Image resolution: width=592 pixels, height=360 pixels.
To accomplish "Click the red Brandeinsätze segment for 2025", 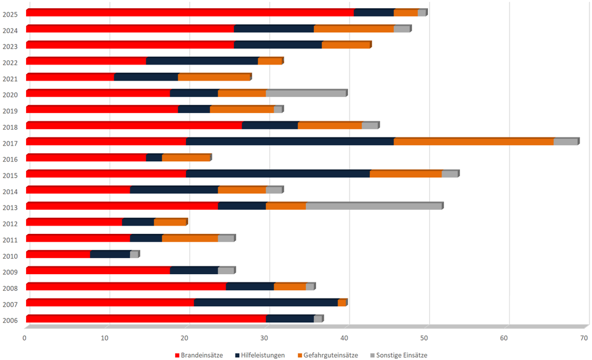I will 189,12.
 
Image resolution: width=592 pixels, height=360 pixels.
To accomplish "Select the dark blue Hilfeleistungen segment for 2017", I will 290,142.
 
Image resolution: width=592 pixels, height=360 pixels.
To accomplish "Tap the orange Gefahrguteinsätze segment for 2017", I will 474,142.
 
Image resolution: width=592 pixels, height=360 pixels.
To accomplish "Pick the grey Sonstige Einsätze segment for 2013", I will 374,206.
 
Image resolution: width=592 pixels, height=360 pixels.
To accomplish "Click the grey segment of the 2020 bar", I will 306,93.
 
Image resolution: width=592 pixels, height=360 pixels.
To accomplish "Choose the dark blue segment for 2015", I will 278,174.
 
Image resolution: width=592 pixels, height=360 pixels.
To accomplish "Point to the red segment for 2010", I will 58,255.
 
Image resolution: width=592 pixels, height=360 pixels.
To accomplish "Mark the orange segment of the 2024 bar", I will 354,28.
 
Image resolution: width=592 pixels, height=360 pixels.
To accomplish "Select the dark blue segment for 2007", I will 266,303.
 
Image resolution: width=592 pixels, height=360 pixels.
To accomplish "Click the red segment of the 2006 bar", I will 146,319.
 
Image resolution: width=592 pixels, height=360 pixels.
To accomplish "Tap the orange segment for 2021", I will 214,77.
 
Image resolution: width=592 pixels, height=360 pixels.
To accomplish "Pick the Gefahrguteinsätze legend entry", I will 330,355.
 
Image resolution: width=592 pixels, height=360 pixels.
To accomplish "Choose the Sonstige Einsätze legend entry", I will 398,355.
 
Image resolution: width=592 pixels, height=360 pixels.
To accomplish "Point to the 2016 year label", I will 10,160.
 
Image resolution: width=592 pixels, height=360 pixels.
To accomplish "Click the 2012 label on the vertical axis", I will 10,224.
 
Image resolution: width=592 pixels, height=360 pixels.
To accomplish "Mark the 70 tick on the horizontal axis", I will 584,338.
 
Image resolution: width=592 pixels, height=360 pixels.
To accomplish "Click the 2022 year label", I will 10,63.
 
